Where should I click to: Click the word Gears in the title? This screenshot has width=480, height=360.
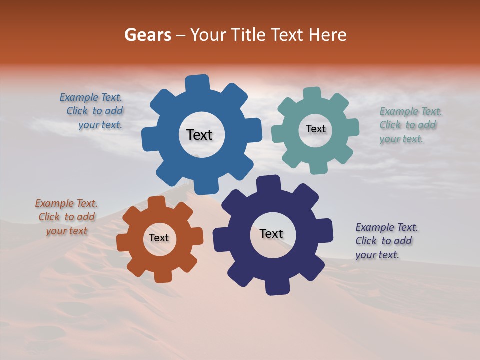(148, 35)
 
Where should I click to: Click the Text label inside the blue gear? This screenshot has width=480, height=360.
(199, 135)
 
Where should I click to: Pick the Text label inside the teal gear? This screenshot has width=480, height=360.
(315, 129)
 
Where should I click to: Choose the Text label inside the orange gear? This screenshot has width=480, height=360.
(159, 238)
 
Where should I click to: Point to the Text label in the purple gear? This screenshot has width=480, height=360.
(271, 233)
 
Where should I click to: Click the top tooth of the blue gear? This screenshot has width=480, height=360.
(197, 82)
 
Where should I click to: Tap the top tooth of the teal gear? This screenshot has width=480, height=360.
(312, 93)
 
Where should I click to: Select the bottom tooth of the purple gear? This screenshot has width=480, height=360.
(277, 287)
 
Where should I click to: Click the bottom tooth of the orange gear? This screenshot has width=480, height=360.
(163, 276)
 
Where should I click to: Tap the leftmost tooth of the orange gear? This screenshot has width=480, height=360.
(123, 243)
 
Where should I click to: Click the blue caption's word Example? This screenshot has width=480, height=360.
(78, 97)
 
